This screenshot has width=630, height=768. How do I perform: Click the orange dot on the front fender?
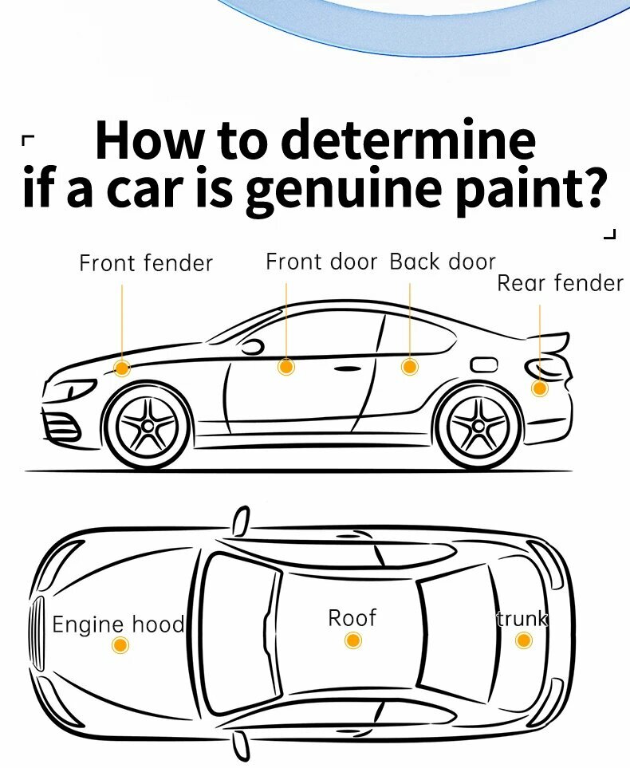pyautogui.click(x=122, y=368)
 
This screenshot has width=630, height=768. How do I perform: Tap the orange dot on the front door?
pyautogui.click(x=286, y=367)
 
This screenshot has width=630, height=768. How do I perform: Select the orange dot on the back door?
pyautogui.click(x=409, y=367)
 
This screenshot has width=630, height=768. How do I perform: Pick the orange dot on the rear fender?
pyautogui.click(x=540, y=388)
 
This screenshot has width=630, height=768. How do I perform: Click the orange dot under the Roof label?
pyautogui.click(x=353, y=640)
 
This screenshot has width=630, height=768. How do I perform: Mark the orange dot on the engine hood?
pyautogui.click(x=120, y=645)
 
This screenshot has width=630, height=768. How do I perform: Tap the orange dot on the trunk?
pyautogui.click(x=523, y=640)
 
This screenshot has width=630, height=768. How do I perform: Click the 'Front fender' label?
pyautogui.click(x=146, y=263)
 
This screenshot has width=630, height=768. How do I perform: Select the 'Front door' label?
pyautogui.click(x=321, y=262)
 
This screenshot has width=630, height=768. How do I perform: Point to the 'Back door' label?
pyautogui.click(x=443, y=262)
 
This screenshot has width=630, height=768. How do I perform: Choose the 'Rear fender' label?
pyautogui.click(x=560, y=283)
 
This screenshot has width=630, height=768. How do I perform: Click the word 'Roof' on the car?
pyautogui.click(x=352, y=617)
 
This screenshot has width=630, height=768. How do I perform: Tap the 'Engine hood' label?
pyautogui.click(x=118, y=624)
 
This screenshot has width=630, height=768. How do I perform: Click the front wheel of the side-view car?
pyautogui.click(x=148, y=425)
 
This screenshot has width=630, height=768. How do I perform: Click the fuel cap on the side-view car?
pyautogui.click(x=484, y=364)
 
